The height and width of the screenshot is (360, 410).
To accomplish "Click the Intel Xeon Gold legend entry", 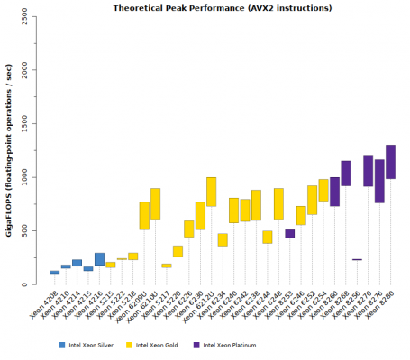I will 167,345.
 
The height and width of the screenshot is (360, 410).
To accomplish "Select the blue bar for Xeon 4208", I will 55,272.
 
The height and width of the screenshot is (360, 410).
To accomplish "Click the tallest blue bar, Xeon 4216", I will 99,259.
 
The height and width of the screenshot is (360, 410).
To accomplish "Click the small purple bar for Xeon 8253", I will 289,234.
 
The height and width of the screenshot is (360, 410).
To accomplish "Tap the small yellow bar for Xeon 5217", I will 167,265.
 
